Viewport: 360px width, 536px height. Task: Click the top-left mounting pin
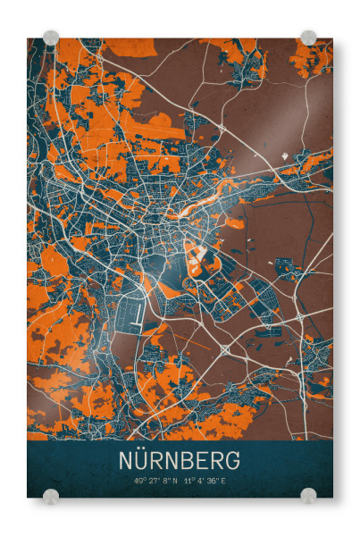[51, 38]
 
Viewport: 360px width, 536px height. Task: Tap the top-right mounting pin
[308, 38]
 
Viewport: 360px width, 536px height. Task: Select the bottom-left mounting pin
[51, 496]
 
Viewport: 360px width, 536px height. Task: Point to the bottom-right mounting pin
[308, 496]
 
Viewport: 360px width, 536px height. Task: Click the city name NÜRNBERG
[180, 460]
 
